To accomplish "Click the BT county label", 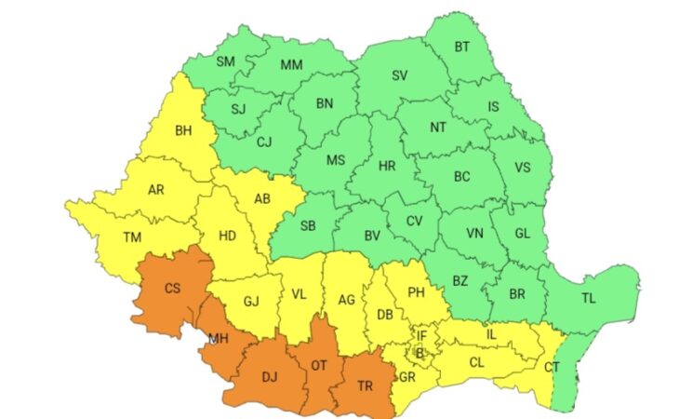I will tap(462, 47).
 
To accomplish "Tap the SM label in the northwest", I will tap(225, 61).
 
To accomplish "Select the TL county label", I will tap(587, 299).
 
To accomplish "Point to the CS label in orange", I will tap(172, 289).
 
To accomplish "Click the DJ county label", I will tap(270, 377).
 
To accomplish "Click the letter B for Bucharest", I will tap(418, 353).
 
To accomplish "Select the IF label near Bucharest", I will tap(420, 336).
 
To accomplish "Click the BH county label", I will tap(183, 131).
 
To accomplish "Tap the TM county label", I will tap(132, 237).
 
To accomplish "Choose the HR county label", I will tap(387, 167).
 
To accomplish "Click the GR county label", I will tap(407, 377).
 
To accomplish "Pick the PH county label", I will tap(417, 292).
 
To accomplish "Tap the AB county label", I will tap(261, 197).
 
